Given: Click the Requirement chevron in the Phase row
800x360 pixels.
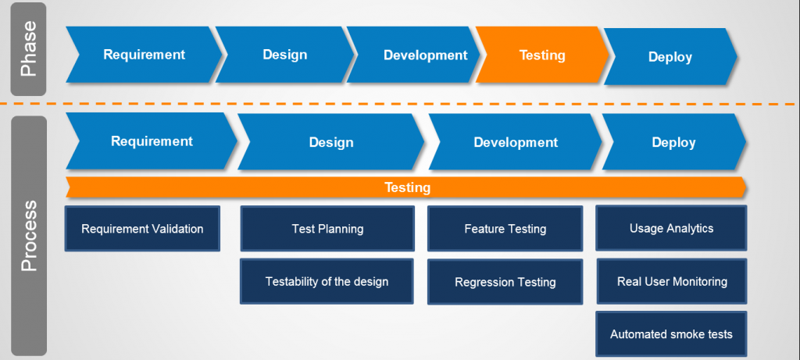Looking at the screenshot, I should (x=144, y=55).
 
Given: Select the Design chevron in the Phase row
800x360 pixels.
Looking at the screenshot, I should (x=284, y=55).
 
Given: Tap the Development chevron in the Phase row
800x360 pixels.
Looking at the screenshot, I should (x=425, y=55).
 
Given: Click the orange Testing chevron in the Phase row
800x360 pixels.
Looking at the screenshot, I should (x=542, y=55).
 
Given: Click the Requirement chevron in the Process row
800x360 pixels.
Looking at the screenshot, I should (x=152, y=141).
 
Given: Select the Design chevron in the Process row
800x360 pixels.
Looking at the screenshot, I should (x=331, y=142).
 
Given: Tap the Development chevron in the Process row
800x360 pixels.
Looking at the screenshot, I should (x=516, y=142).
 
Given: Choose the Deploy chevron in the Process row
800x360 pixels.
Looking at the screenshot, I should (x=673, y=142).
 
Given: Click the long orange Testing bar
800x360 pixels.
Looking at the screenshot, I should (x=407, y=187).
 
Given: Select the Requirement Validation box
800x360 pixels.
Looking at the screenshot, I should (x=142, y=229).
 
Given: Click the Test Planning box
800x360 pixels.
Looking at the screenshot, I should (x=327, y=229).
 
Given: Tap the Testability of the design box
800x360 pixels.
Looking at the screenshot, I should (x=327, y=281).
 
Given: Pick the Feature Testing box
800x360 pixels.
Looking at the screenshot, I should (x=505, y=229).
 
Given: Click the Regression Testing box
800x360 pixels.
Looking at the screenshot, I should (x=505, y=282).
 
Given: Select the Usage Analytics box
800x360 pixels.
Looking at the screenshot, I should (x=671, y=228).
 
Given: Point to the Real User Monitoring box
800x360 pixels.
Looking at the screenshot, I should (x=671, y=281).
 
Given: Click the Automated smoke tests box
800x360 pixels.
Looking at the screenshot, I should (x=671, y=333).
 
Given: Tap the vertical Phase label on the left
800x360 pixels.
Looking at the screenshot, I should (x=29, y=49).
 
